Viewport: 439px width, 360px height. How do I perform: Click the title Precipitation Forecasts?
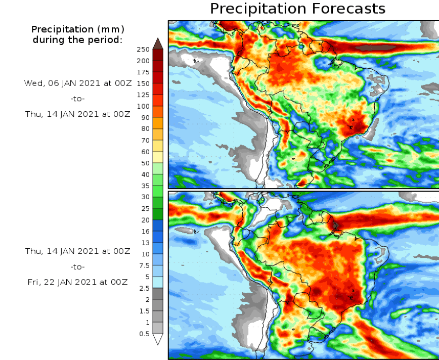click(x=297, y=9)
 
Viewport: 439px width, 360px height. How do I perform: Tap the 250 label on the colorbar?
click(x=143, y=50)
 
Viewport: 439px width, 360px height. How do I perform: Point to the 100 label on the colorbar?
click(x=143, y=106)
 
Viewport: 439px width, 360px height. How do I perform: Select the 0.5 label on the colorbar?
click(x=144, y=334)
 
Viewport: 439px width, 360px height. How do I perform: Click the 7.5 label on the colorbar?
click(x=144, y=265)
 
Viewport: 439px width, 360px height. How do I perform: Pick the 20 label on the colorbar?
click(x=145, y=220)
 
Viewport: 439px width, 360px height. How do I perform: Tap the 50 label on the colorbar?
click(x=145, y=163)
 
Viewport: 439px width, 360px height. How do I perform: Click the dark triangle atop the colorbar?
click(x=158, y=44)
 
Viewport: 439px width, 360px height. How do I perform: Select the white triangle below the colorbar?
click(x=158, y=339)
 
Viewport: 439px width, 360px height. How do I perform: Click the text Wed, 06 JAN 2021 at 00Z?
click(x=78, y=83)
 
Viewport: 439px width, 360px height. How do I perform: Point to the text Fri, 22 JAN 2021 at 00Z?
click(x=78, y=282)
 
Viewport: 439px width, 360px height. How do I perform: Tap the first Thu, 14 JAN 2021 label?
click(x=78, y=114)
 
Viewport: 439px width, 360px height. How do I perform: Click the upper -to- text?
click(x=77, y=99)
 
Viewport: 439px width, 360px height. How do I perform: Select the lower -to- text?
click(x=77, y=266)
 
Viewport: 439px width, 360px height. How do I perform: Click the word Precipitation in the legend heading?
click(x=63, y=29)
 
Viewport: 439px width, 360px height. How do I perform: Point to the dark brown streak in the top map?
click(x=375, y=48)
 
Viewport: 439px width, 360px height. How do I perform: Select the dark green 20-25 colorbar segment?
click(x=158, y=214)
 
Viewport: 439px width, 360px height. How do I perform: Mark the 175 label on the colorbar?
click(x=143, y=72)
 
